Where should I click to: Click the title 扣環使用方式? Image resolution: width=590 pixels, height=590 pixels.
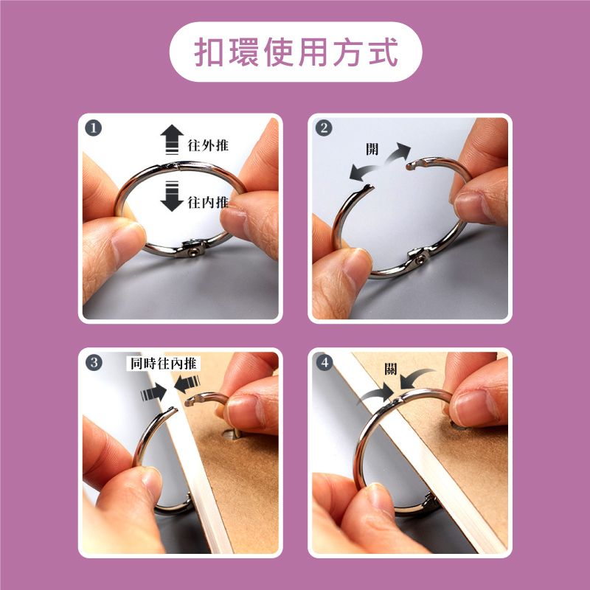click(x=296, y=52)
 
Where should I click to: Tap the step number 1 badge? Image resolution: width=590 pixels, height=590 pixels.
click(x=94, y=128)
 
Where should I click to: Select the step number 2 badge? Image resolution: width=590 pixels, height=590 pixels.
click(x=324, y=128)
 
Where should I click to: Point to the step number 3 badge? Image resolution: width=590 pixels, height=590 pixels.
click(x=94, y=363)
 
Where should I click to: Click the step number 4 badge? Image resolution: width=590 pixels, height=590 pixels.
click(x=324, y=363)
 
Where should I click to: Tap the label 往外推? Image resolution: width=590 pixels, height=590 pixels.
click(x=208, y=145)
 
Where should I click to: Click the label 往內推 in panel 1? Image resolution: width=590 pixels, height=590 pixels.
click(x=208, y=202)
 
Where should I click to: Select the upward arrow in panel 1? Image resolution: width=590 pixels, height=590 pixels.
click(x=172, y=139)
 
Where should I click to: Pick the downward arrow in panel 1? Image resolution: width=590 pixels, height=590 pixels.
click(x=172, y=196)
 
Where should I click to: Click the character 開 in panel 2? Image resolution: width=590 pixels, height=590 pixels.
click(x=372, y=149)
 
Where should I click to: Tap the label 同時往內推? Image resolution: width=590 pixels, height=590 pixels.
click(x=164, y=364)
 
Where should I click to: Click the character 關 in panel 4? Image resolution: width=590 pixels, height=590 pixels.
click(x=391, y=369)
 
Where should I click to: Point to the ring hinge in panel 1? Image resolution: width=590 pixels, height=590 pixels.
click(x=192, y=249)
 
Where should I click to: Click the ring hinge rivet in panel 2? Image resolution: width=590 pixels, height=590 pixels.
click(x=420, y=260)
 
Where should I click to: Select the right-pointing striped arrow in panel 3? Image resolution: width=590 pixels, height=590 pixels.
click(x=153, y=393)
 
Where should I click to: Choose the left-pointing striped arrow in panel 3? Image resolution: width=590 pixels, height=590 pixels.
click(x=187, y=384)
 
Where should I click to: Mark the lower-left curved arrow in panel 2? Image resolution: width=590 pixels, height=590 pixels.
click(x=364, y=173)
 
